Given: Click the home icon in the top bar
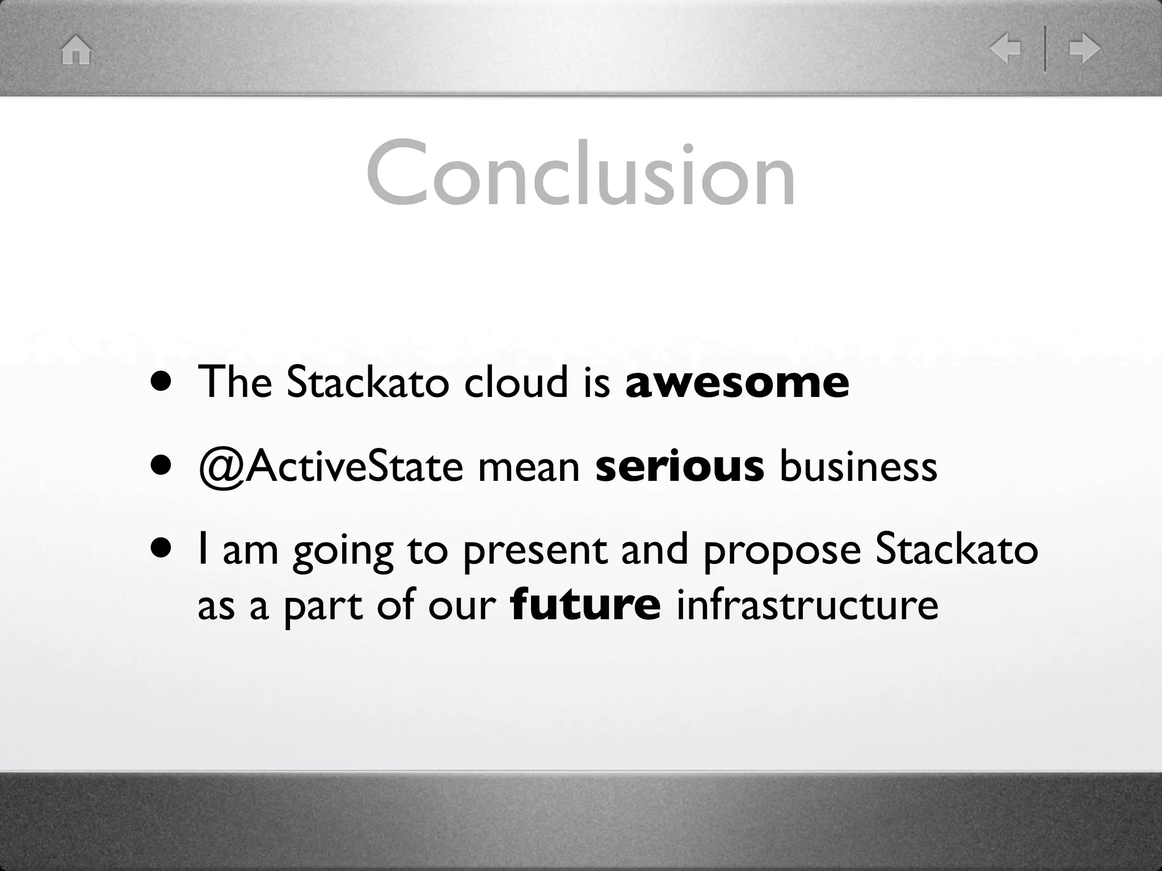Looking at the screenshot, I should [76, 50].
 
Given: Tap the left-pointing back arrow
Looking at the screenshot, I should [1005, 48].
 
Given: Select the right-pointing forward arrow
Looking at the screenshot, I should [1084, 48].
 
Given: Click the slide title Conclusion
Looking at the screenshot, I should [580, 173].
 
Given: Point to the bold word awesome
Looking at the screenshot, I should [737, 382].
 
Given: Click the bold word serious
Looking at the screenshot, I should [680, 466].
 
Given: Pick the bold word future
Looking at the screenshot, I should [586, 604].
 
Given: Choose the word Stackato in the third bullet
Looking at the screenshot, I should [956, 549].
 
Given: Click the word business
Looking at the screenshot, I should [858, 466].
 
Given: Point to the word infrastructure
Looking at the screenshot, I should [807, 604].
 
